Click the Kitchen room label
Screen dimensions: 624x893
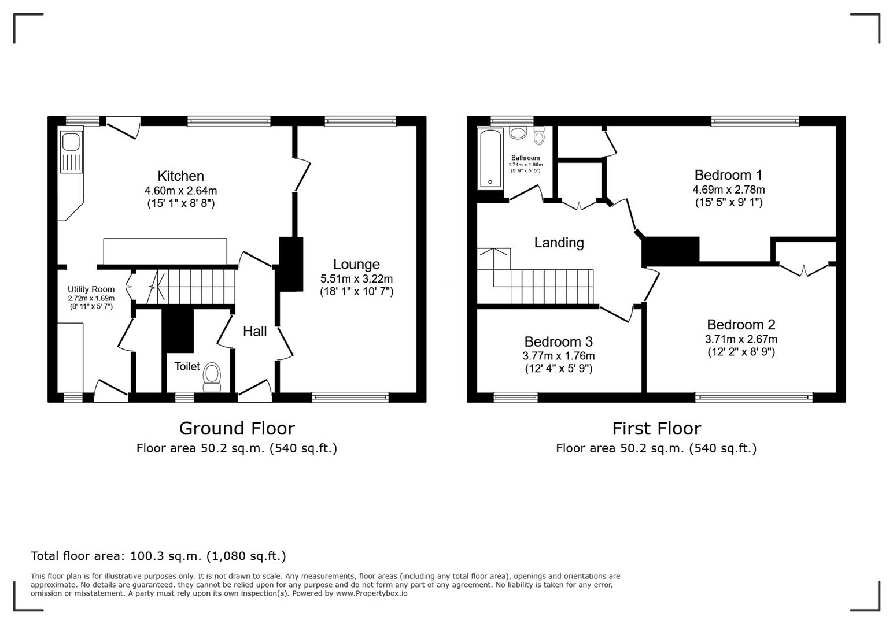pos(180,176)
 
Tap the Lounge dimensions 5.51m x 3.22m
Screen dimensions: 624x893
pos(356,278)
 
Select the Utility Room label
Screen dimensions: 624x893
pos(91,289)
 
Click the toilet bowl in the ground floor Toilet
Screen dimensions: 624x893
pos(212,373)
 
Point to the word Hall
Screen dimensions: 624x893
pos(254,331)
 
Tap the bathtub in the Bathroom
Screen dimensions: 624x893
pos(490,158)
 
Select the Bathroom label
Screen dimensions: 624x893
pos(525,158)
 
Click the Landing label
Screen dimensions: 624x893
pos(559,243)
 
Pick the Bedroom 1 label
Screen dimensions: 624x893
pos(728,175)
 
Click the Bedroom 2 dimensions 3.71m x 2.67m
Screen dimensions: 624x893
pos(741,339)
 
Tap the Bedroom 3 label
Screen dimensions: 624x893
pos(558,342)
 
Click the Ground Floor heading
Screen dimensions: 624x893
pos(237,428)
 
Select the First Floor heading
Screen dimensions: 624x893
pos(656,428)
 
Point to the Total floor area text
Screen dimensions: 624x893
pos(158,556)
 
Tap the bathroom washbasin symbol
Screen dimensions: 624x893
pos(518,133)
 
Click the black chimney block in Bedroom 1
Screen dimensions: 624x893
pos(671,251)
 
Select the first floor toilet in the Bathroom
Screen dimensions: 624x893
pos(539,136)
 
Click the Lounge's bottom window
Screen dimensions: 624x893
pos(350,397)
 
